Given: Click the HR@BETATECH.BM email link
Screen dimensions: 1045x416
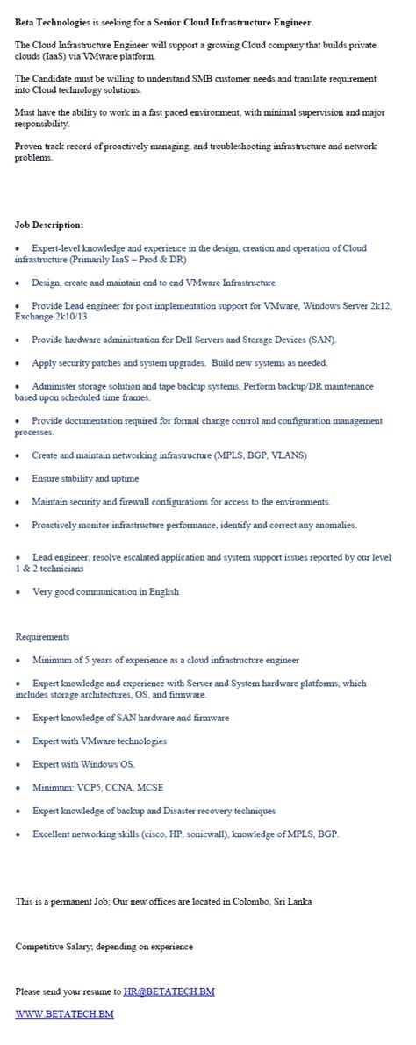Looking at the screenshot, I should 169,991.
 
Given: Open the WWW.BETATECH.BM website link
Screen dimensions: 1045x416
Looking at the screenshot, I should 64,1014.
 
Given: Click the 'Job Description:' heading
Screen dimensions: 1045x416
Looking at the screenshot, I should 49,225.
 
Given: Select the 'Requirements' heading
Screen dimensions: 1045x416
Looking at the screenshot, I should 42,636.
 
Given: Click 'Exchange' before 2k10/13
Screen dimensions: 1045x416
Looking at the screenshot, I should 35,316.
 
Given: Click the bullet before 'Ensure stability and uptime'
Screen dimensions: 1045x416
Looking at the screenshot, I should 18,479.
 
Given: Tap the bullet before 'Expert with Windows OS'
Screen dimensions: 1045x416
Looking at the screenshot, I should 18,764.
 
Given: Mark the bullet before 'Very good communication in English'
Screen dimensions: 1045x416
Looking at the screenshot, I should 18,592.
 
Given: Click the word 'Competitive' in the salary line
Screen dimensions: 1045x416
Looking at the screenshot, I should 40,947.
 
